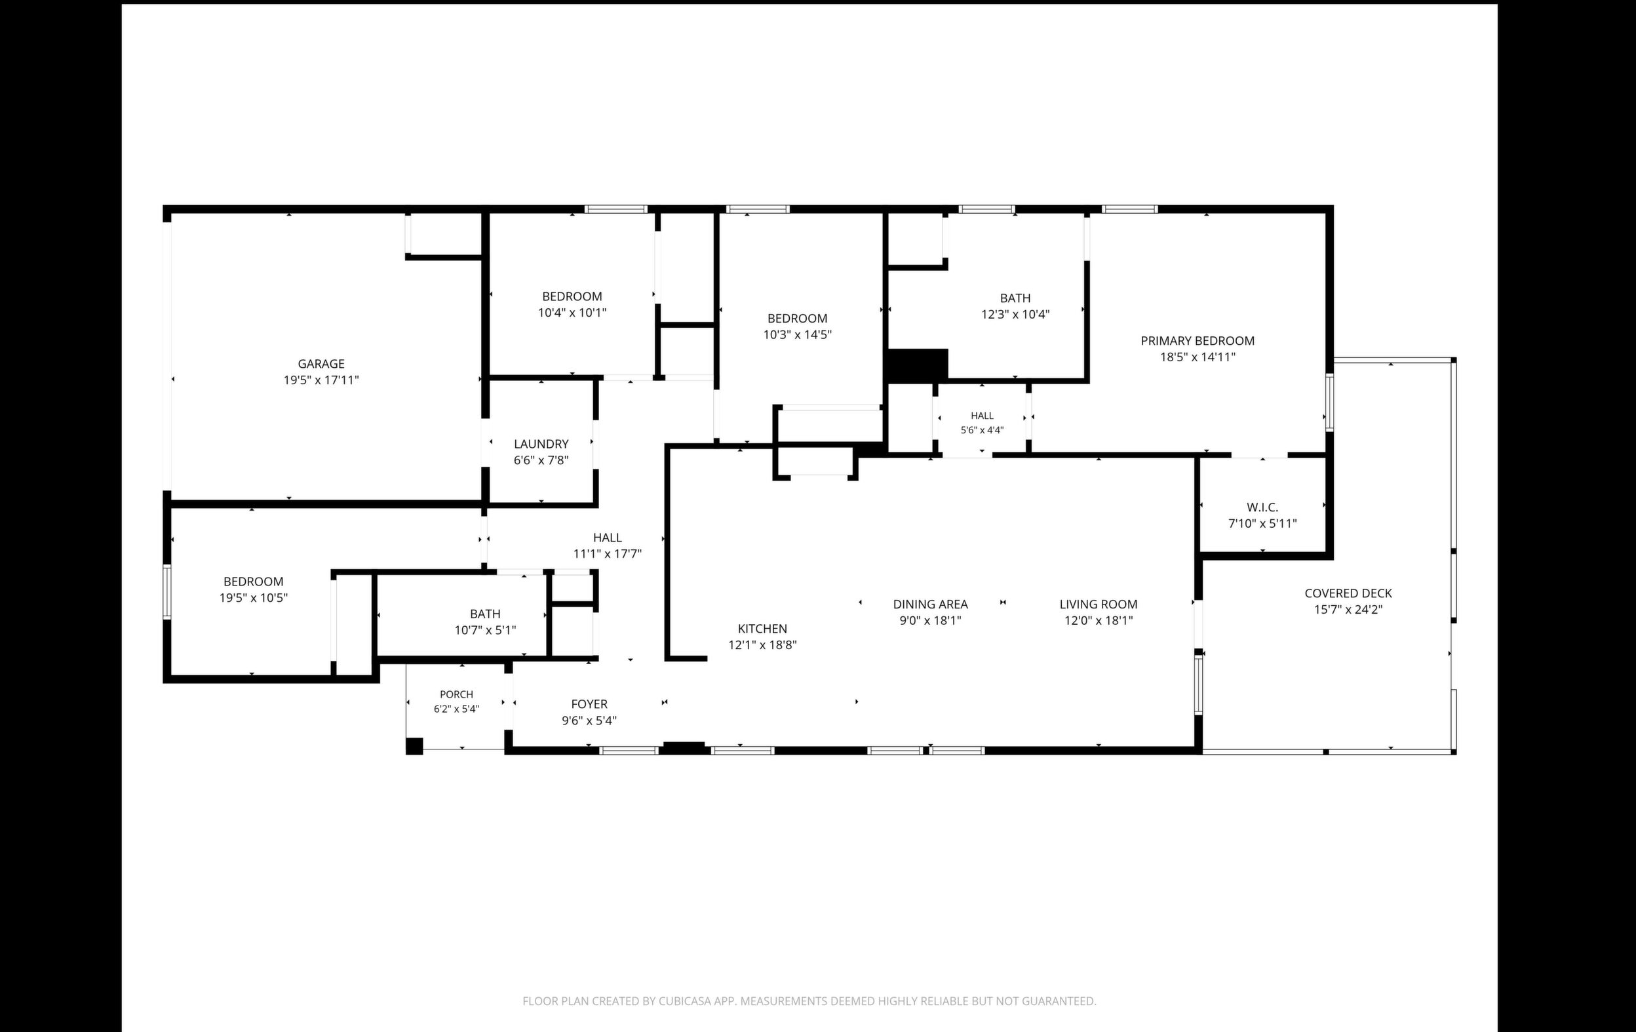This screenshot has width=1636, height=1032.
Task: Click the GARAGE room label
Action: pos(321,364)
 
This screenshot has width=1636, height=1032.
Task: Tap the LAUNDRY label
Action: pos(541,445)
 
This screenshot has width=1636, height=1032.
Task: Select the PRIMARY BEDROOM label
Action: pos(1197,341)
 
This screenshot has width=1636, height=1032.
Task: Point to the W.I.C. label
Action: pos(1262,507)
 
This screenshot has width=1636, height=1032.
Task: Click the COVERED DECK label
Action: pos(1348,593)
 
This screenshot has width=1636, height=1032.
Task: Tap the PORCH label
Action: pos(457,694)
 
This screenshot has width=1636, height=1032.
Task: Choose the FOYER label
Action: pos(589,705)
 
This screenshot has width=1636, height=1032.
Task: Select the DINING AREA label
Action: pos(930,604)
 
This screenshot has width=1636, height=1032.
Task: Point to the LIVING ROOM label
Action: pos(1098,604)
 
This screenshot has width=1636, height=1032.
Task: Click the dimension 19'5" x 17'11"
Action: pos(321,380)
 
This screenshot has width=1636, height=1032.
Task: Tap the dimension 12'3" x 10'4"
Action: pos(1015,315)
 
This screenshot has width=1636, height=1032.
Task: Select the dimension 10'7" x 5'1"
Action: pos(485,631)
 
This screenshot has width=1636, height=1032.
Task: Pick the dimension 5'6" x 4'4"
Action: pos(982,430)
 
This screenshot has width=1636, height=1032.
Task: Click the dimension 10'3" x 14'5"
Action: pos(797,335)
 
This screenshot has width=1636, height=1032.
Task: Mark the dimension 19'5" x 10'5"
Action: pos(254,598)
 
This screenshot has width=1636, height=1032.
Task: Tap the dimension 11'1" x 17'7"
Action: pos(608,554)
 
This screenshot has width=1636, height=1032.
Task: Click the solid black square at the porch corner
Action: pos(414,746)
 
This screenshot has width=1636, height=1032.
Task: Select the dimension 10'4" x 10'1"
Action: pos(572,313)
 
